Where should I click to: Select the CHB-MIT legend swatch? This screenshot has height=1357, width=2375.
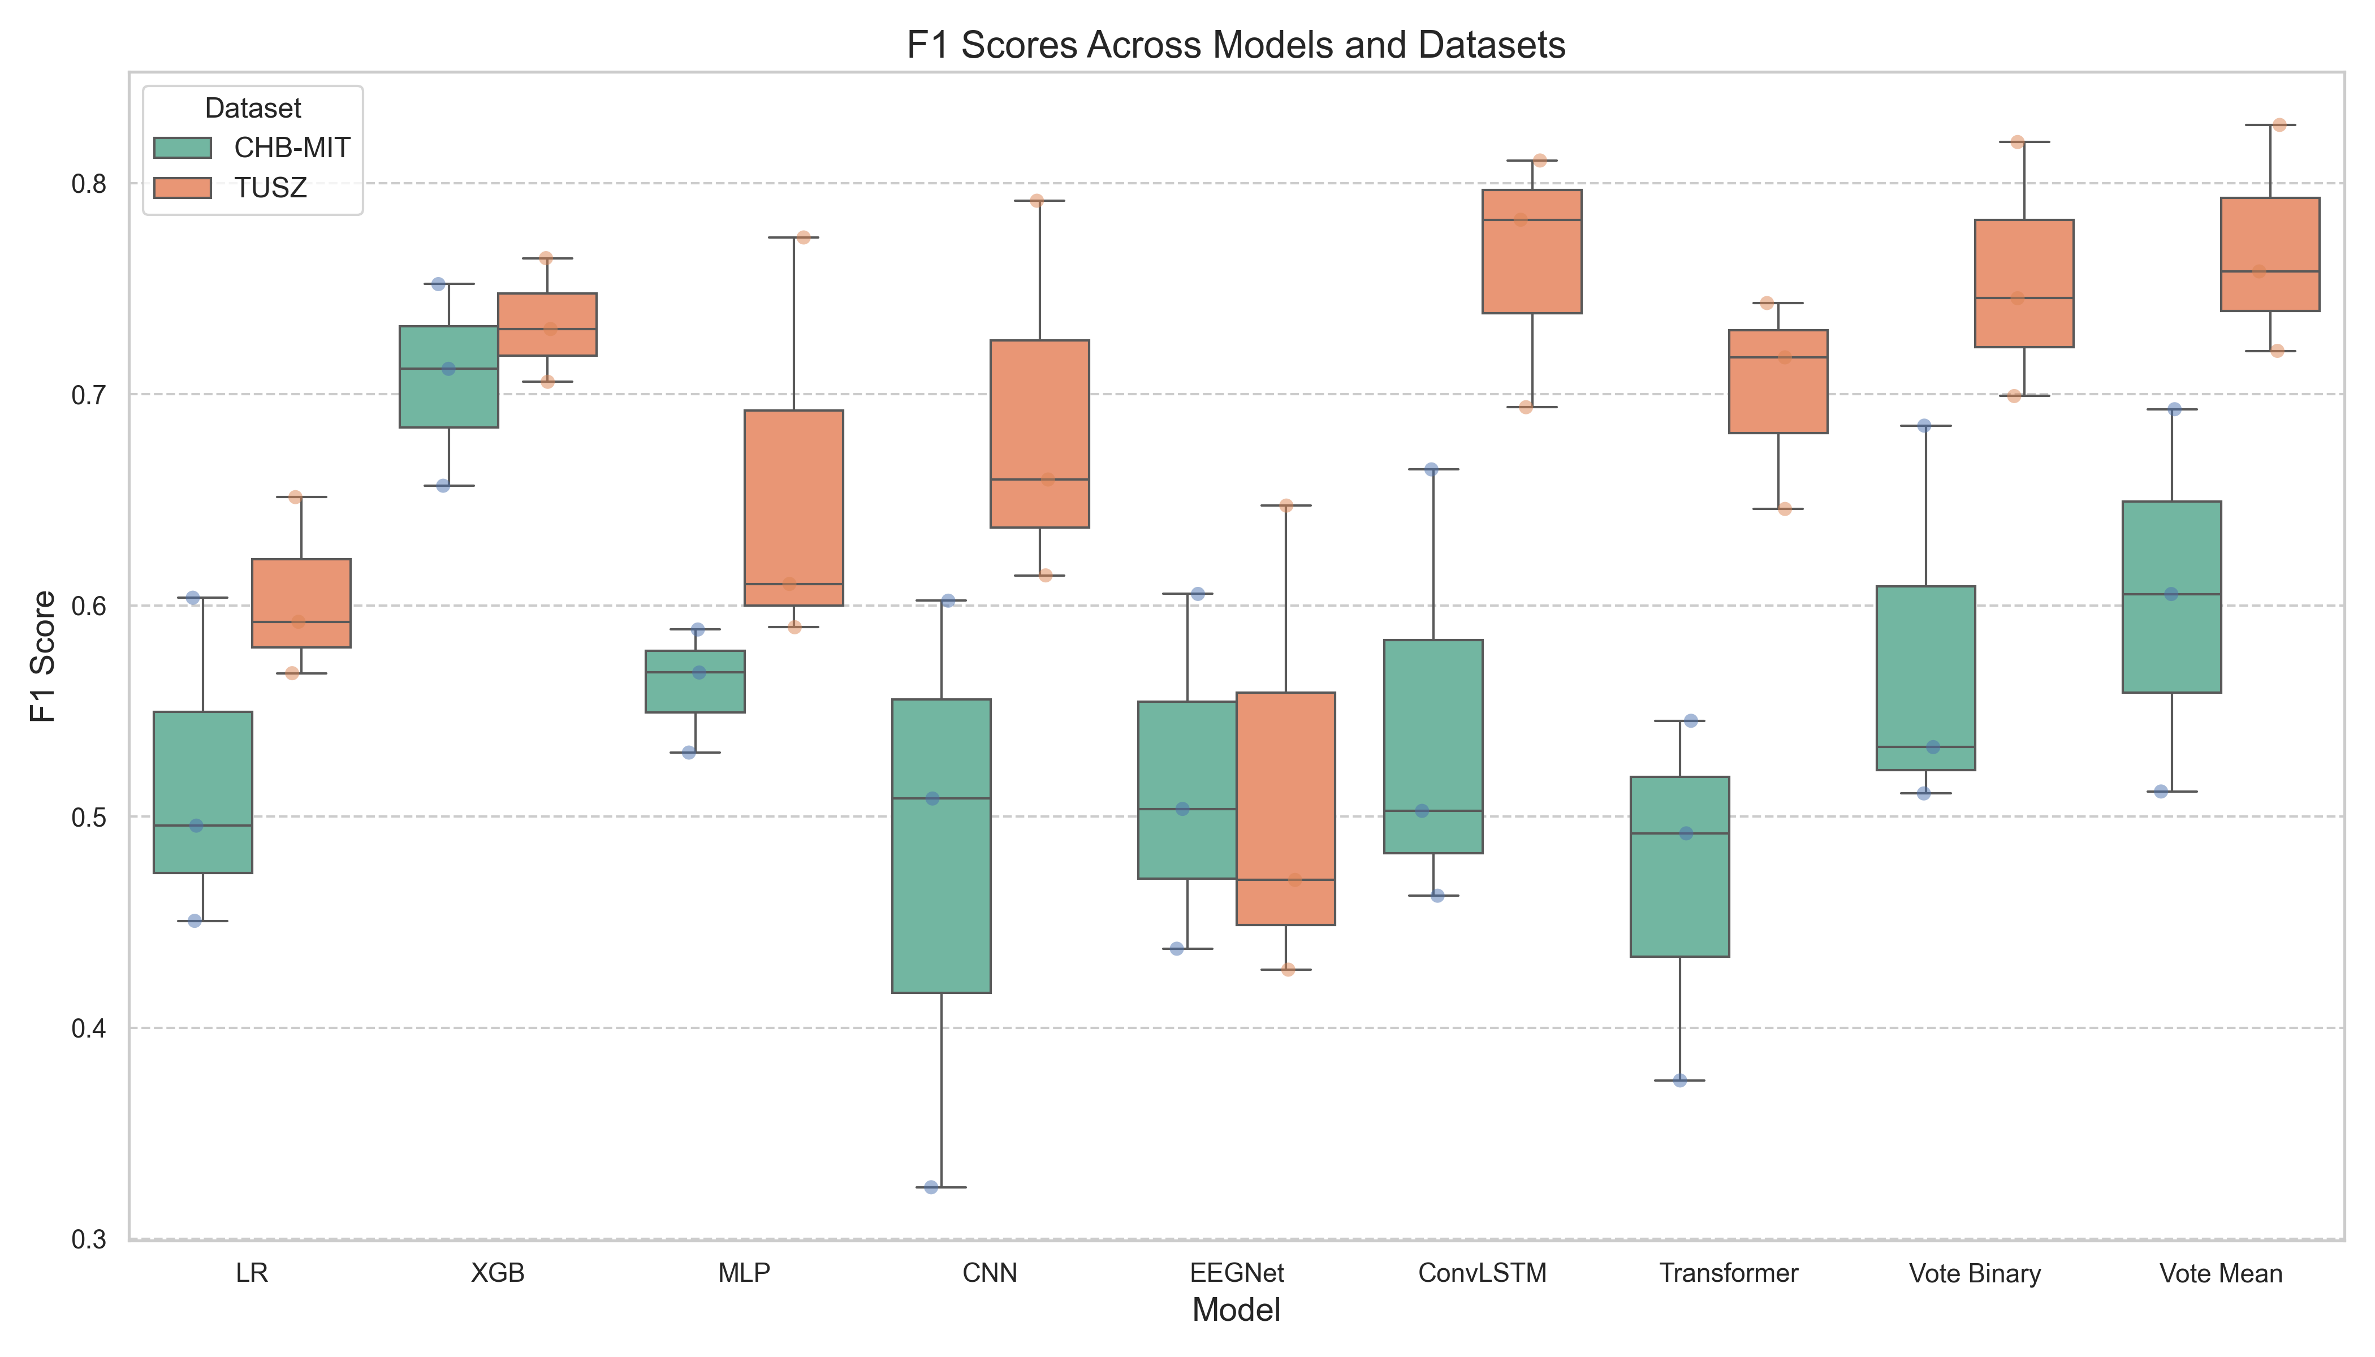click(183, 147)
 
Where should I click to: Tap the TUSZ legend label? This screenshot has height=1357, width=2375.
click(270, 188)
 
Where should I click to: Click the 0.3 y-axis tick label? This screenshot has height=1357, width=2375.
click(89, 1239)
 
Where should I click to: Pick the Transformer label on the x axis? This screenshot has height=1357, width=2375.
click(1728, 1273)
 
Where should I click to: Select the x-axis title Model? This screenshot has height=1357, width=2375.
click(1236, 1311)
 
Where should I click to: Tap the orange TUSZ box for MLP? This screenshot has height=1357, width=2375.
click(793, 508)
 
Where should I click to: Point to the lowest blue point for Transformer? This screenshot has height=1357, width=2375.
click(1679, 1080)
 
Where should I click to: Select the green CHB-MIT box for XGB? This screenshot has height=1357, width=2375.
click(448, 377)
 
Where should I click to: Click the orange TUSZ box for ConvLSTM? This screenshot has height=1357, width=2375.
click(1531, 252)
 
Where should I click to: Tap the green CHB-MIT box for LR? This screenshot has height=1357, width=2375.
click(203, 792)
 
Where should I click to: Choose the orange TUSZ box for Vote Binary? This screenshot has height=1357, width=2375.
click(2024, 283)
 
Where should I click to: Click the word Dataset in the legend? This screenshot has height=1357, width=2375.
click(253, 108)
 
